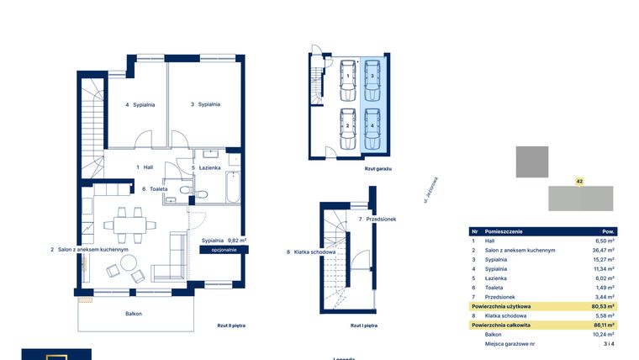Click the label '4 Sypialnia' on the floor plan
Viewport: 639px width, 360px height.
140,105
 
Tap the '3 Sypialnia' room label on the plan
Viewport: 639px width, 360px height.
204,104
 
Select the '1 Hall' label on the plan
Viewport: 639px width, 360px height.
145,167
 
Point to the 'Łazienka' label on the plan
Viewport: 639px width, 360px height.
207,167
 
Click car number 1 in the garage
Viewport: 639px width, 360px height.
347,76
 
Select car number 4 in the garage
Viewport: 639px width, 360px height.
372,125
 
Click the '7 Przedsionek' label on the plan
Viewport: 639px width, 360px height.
378,220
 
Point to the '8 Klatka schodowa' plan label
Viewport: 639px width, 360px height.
311,251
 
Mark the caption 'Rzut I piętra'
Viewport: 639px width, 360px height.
364,324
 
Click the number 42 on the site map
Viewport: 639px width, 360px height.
579,181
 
